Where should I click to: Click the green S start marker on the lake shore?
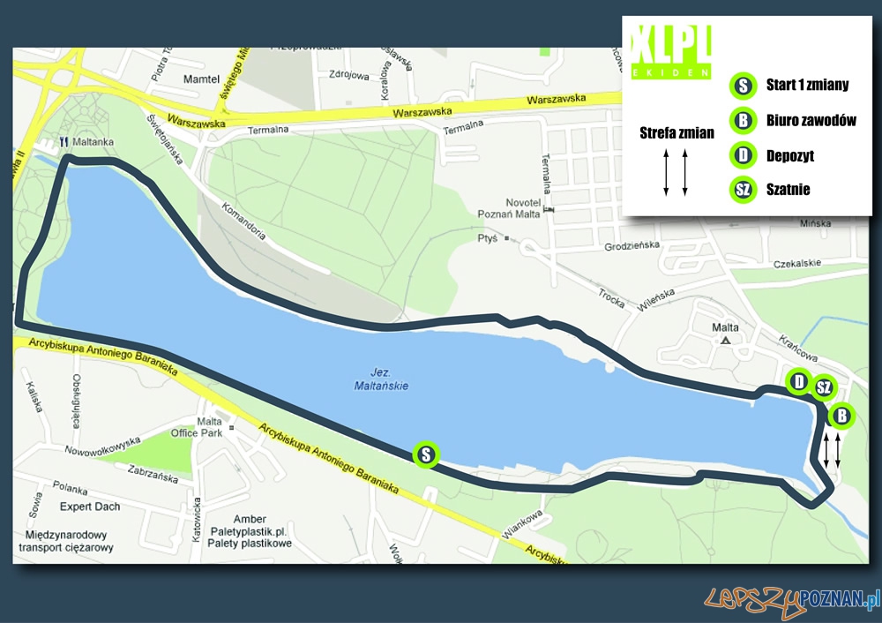426,455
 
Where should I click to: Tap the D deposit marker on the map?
799,382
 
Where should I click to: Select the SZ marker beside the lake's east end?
823,387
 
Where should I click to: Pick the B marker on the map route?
842,416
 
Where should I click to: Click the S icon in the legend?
744,86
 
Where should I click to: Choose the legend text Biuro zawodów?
812,120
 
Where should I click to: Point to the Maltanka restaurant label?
98,140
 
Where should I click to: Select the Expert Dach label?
90,507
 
